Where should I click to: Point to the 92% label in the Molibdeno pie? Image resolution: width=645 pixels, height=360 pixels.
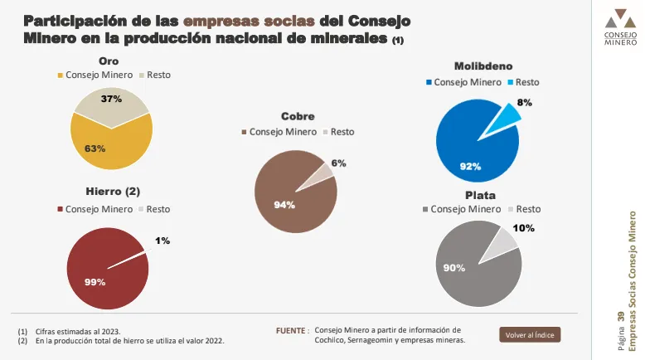click(470, 167)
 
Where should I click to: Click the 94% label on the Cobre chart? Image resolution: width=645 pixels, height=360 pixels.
click(284, 205)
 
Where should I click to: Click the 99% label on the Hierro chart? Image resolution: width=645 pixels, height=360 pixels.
click(95, 282)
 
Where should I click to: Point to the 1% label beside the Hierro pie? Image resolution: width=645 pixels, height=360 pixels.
click(162, 241)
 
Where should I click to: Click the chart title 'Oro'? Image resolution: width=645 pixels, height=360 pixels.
click(109, 61)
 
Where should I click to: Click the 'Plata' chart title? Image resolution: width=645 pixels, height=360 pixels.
click(480, 195)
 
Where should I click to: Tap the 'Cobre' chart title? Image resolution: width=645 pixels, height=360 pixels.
click(298, 117)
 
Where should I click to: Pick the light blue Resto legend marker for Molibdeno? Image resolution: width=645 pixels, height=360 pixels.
click(511, 82)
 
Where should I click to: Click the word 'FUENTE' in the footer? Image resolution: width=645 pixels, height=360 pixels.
click(291, 329)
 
